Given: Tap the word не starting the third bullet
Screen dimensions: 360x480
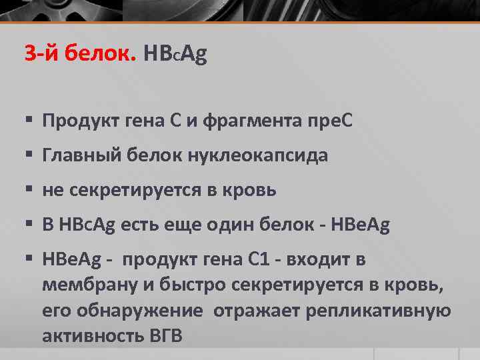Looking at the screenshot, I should point(51,191).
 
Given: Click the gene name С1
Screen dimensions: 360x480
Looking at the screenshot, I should point(273,259).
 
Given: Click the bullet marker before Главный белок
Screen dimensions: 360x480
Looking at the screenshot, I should point(29,156).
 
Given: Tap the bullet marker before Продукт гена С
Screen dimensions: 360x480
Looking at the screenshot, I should point(29,121).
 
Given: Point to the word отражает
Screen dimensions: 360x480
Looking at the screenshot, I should point(251,311).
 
